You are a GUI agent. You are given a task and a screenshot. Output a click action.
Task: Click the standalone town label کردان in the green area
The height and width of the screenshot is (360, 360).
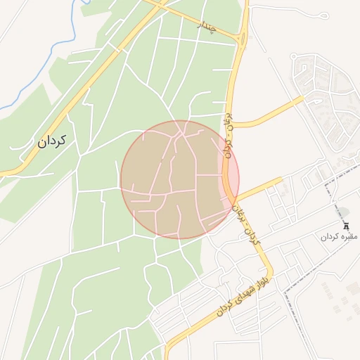52,141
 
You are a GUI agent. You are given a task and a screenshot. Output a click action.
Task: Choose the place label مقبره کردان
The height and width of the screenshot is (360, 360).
340,237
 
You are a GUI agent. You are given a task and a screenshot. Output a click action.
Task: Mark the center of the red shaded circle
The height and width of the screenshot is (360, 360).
180,179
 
